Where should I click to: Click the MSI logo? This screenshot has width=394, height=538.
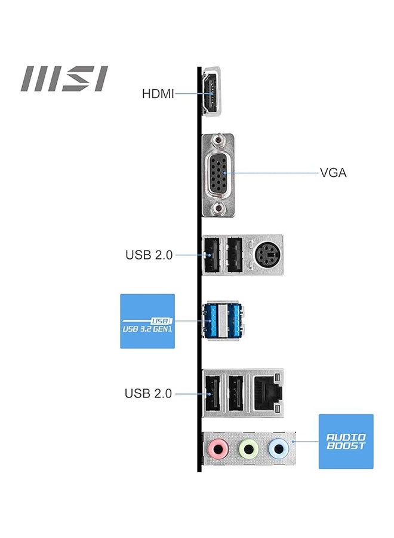65,79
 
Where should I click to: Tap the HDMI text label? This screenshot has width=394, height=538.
158,94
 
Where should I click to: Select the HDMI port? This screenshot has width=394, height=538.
211,93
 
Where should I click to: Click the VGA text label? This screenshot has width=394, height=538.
333,173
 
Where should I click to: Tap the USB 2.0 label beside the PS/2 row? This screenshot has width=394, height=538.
149,255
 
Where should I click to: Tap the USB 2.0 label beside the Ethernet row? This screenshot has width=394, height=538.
148,393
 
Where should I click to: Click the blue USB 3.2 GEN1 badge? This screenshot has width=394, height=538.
147,321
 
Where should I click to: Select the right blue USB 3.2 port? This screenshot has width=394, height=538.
235,320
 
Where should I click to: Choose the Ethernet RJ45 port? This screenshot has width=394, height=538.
266,393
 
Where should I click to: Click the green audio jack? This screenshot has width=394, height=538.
248,448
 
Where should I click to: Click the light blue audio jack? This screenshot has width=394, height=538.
276,448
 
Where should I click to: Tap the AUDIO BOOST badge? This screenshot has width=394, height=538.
346,441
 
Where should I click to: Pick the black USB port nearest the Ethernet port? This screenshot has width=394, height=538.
235,393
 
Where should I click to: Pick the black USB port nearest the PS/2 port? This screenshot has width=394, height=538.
235,255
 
